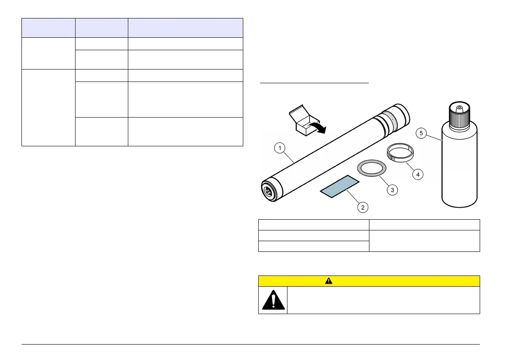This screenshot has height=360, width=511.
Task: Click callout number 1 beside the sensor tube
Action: pos(279,149)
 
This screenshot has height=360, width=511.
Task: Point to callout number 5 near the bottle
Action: pos(421,133)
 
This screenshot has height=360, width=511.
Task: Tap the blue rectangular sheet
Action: pos(339,187)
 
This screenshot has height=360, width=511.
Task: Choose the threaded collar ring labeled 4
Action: pos(397,153)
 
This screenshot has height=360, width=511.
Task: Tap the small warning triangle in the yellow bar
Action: pos(329,281)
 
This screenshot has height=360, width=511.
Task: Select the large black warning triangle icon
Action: pos(273,300)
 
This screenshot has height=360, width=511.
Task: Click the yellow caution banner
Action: pos(369,281)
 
